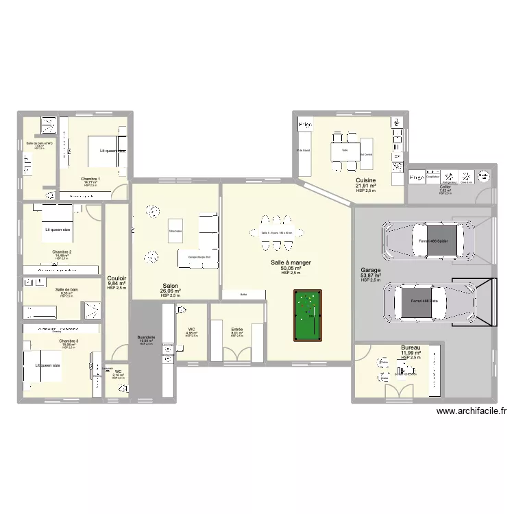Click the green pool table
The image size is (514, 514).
click(308, 315)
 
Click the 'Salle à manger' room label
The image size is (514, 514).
click(291, 262)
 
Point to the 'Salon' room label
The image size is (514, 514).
click(171, 286)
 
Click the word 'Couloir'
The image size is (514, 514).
click(117, 278)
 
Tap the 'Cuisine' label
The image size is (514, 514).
click(365, 180)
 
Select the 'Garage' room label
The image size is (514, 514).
click(371, 270)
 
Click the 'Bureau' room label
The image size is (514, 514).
click(411, 347)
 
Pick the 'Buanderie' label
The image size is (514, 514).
click(146, 337)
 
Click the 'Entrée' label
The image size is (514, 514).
click(236, 330)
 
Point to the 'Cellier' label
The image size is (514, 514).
click(445, 186)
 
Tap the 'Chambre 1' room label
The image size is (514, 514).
click(90, 179)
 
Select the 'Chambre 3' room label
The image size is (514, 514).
click(69, 341)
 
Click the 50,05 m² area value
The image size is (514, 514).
click(291, 268)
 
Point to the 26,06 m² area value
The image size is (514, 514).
click(171, 291)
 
